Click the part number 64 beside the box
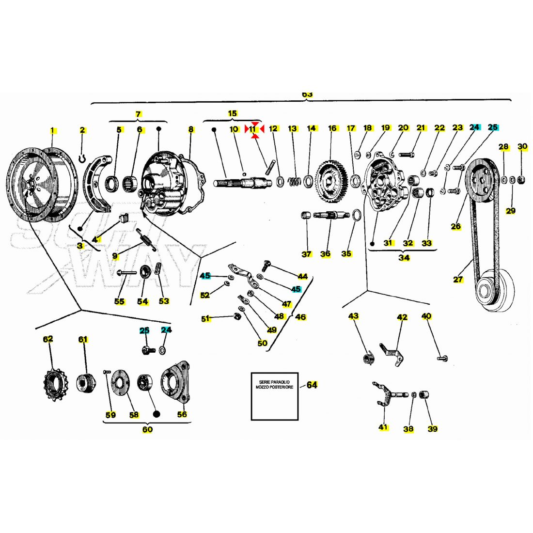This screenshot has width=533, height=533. coord(312,385)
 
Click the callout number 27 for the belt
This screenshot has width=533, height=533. coord(458,279)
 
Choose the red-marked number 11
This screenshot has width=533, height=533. coord(252,129)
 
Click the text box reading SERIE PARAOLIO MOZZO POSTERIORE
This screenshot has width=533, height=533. coord(274,396)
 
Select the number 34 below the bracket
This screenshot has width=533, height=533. coord(404,258)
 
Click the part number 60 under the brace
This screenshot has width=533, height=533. coord(147,429)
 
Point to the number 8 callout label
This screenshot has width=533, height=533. coord(191,129)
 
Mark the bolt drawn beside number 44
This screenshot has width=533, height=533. coord(267,265)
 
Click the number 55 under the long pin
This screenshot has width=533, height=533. coord(119,301)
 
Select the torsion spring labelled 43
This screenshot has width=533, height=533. coord(368,358)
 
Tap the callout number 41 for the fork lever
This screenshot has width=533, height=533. coord(383,427)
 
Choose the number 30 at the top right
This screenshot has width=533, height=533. coord(522,146)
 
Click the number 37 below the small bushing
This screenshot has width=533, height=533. coord(306,254)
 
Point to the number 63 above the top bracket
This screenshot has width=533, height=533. coord(308,94)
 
